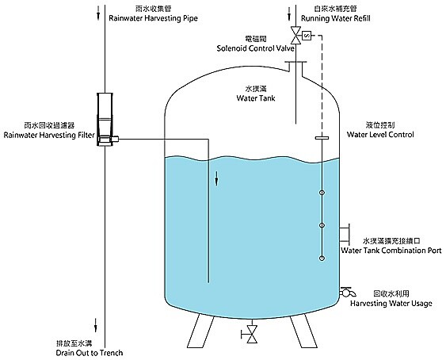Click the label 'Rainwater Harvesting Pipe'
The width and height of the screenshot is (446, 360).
point(154,18)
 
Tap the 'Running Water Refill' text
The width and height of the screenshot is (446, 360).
point(336,18)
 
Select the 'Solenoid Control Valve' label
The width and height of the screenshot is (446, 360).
point(255,48)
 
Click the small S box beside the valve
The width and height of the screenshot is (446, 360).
point(307,36)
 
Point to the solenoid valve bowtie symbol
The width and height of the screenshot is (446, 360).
point(295,36)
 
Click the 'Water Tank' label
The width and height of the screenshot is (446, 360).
point(256,98)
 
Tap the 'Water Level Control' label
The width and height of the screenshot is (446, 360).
point(380,135)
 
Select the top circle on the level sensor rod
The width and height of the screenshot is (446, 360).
point(322,193)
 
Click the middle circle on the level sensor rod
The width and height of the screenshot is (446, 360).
point(322,225)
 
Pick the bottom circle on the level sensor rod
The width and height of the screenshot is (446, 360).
point(322,259)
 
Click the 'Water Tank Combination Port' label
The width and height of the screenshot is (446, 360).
point(391,251)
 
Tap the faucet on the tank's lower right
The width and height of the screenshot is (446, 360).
point(347,292)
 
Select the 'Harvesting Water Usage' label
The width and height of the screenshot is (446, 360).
point(391,304)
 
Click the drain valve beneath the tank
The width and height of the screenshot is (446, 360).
point(250,334)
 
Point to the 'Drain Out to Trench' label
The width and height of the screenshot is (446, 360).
point(90,353)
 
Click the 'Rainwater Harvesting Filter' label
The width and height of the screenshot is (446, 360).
point(49,135)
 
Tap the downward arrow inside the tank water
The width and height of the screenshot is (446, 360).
point(216,178)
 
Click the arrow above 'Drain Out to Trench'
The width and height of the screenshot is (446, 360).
point(96,325)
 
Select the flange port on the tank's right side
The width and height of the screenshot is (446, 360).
point(345,234)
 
